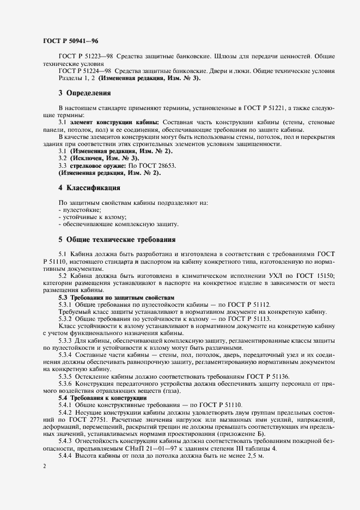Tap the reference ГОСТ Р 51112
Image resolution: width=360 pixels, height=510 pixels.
click(248, 305)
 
